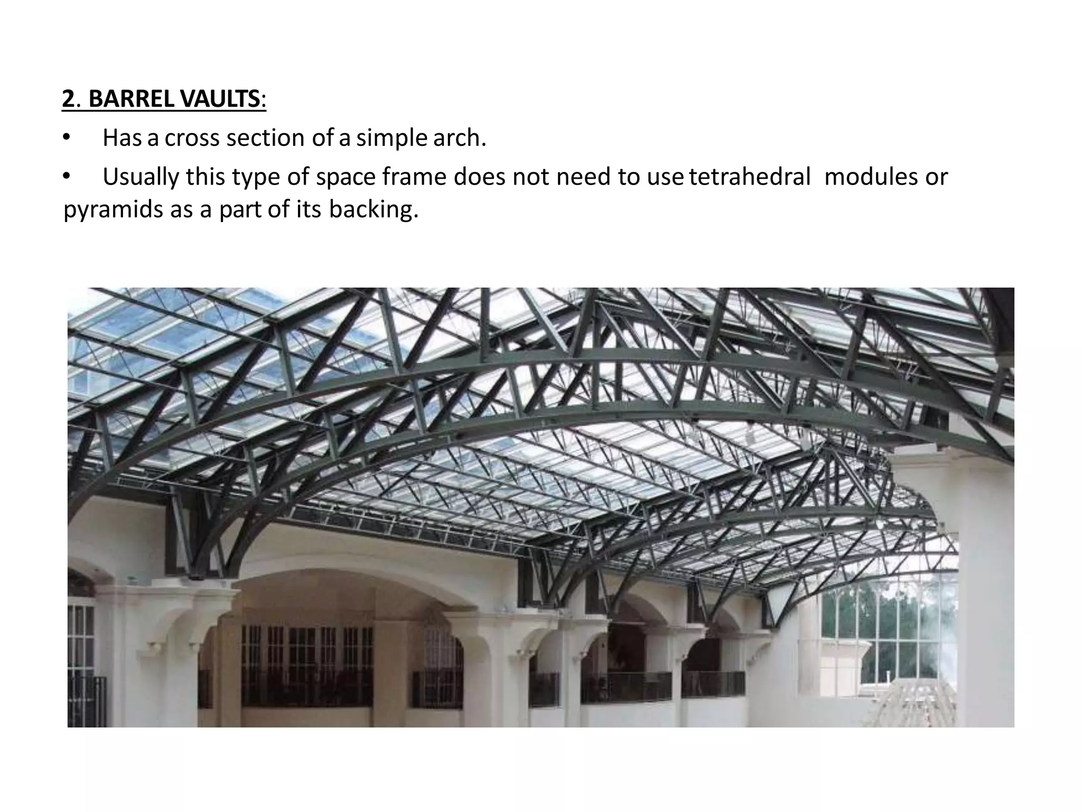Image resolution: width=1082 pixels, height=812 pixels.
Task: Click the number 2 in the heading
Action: [68, 99]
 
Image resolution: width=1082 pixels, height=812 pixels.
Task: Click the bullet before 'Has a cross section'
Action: [66, 138]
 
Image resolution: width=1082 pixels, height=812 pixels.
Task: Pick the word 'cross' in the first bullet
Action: [193, 139]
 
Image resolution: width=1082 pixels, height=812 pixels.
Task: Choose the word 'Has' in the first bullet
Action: [122, 139]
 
